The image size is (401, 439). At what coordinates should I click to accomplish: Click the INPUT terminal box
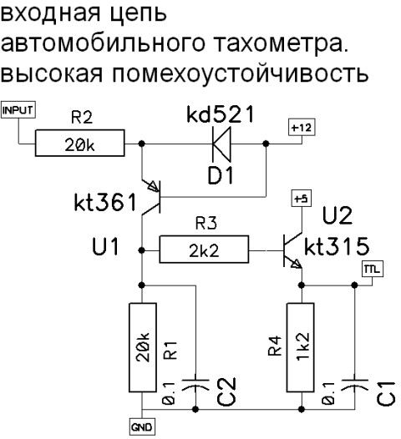[18, 110]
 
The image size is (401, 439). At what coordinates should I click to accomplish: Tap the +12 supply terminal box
[302, 128]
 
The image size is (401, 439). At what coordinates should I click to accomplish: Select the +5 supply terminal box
[302, 199]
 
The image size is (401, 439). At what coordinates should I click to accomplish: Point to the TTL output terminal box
[373, 269]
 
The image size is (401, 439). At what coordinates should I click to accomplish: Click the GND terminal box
[141, 427]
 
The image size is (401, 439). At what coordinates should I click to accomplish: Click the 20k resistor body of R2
[80, 143]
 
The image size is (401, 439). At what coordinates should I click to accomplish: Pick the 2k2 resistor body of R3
[204, 250]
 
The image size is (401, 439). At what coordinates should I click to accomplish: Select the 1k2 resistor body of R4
[301, 347]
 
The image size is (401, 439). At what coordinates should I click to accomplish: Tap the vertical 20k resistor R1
[143, 347]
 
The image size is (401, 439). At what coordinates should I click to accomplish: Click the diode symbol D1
[221, 144]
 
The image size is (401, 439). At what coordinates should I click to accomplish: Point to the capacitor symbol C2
[195, 384]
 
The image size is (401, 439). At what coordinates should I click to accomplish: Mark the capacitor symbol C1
[354, 384]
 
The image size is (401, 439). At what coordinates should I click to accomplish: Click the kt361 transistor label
[105, 202]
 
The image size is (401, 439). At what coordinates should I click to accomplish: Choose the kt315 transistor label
[337, 246]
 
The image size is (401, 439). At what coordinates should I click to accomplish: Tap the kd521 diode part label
[221, 114]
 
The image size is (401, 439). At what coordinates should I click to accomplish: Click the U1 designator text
[105, 246]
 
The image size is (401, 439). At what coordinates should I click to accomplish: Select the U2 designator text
[338, 215]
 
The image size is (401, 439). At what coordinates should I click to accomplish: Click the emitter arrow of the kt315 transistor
[297, 264]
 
